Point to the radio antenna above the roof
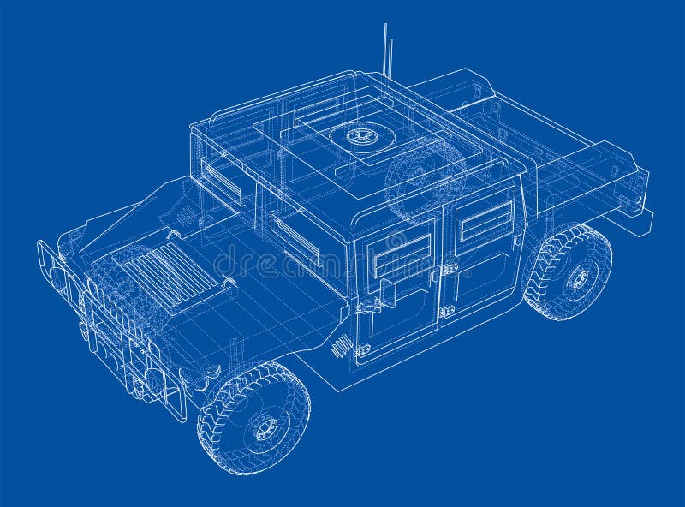click(x=387, y=51)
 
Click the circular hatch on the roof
click(x=359, y=136)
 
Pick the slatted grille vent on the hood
click(x=168, y=274)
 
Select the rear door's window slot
click(x=485, y=220)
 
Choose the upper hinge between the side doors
click(x=447, y=269)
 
